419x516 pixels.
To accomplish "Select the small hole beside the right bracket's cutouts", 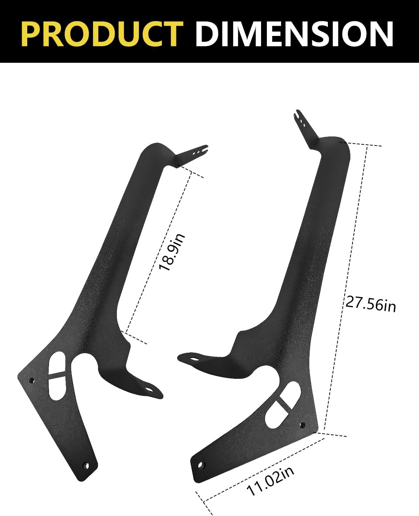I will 301,423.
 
